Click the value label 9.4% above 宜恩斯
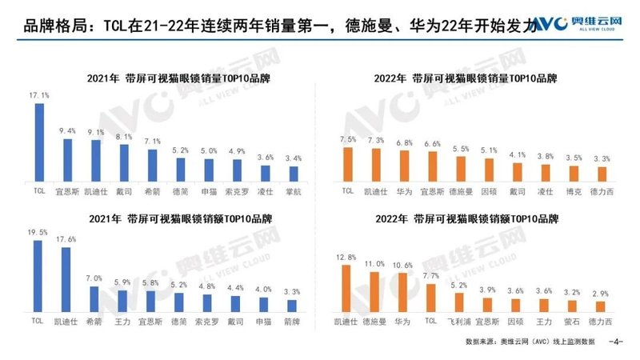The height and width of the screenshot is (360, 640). [x=67, y=130]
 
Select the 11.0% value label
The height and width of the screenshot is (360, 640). [x=374, y=262]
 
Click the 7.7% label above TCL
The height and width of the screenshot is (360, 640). [x=431, y=275]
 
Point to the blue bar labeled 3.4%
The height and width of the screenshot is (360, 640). [x=293, y=174]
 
